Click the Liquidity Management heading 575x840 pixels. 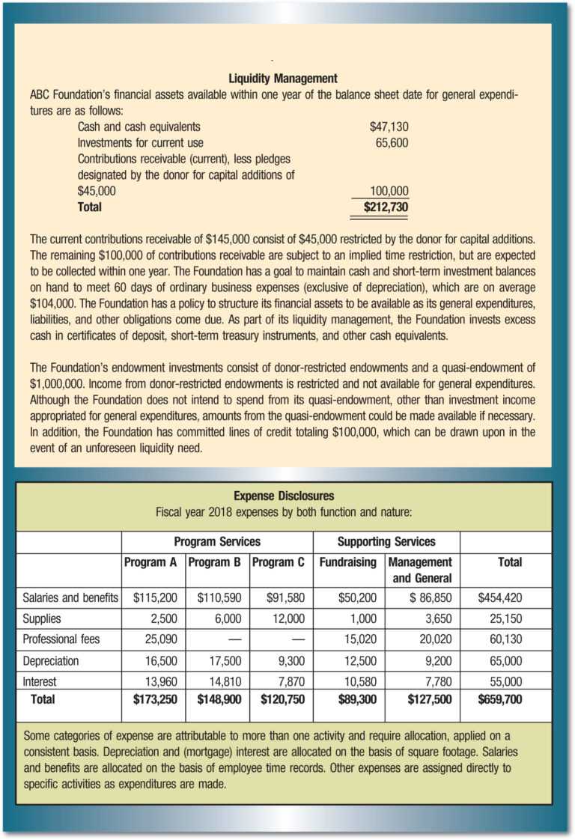283,78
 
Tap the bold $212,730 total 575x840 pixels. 386,206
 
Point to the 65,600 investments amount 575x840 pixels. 392,142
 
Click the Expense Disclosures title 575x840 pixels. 284,496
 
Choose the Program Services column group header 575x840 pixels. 217,541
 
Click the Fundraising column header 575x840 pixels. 347,561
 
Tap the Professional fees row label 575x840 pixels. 61,639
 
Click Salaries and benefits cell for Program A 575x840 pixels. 154,597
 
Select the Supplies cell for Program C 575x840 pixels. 287,618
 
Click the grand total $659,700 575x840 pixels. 499,700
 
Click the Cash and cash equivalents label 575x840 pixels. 139,127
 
